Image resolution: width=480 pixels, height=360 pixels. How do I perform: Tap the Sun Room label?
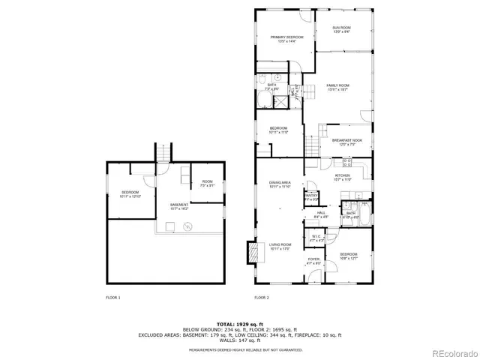(x=342, y=29)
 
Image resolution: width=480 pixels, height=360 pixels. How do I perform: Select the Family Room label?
(x=337, y=87)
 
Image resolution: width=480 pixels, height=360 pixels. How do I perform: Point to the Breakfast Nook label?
(x=346, y=142)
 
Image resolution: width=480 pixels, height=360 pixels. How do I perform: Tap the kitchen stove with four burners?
(x=347, y=162)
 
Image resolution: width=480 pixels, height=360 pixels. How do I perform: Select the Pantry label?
(x=310, y=199)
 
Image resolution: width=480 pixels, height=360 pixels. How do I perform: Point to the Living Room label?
(x=280, y=246)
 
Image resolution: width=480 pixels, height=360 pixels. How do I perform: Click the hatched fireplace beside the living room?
(x=253, y=253)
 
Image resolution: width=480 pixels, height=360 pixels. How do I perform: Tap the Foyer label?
(x=313, y=261)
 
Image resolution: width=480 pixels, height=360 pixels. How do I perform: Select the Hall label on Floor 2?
(x=320, y=214)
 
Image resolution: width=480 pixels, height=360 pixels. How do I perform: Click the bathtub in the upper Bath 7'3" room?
(x=271, y=100)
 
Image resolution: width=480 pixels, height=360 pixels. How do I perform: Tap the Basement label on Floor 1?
(x=180, y=205)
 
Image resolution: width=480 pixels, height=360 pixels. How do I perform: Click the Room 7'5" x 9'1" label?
(x=207, y=183)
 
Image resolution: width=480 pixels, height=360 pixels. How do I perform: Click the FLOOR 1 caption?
(x=113, y=298)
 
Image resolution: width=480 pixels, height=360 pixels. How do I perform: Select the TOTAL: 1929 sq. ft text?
(x=240, y=322)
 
